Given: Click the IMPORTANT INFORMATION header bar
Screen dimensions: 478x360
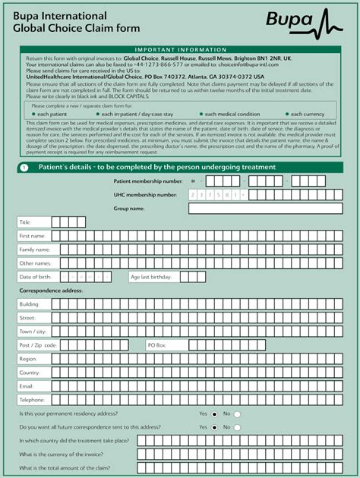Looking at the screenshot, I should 179,49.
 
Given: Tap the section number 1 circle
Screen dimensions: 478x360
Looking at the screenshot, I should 25,168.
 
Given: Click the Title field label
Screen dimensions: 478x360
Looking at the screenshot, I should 25,222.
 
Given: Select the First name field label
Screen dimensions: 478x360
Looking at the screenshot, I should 32,236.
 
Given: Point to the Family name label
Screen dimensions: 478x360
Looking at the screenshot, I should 34,250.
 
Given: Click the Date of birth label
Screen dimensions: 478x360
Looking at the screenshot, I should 34,277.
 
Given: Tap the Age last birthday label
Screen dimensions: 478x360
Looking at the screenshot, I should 150,277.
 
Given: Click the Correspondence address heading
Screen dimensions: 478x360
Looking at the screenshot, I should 51,291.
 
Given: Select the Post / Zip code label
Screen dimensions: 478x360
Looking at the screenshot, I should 38,344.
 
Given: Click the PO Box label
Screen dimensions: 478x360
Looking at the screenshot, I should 156,344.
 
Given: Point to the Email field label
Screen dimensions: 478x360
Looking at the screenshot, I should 27,386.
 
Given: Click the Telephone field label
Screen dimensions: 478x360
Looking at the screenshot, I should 32,400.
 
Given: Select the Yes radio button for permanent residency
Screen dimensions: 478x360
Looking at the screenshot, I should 215,414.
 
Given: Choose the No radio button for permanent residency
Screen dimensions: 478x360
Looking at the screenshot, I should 237,414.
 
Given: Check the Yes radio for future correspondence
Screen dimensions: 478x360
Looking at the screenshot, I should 215,428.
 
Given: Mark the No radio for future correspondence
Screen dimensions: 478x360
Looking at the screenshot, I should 237,428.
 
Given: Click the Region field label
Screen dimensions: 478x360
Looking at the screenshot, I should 28,358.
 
